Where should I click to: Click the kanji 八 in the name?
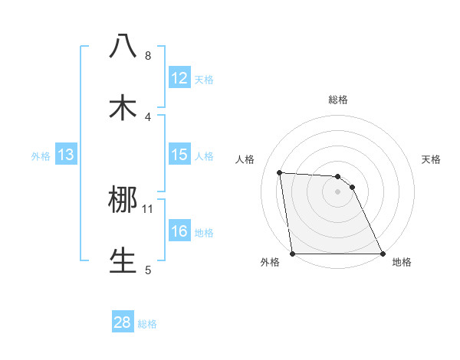[x=123, y=47]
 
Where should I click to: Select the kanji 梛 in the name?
[x=123, y=200]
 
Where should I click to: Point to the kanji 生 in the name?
[x=123, y=260]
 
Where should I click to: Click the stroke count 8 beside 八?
[x=147, y=56]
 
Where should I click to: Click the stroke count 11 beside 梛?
[x=148, y=208]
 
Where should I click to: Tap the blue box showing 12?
[x=179, y=78]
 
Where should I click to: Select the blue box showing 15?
[x=179, y=155]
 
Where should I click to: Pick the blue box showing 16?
[x=179, y=231]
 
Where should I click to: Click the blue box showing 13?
[x=66, y=155]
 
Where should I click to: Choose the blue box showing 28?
[x=123, y=322]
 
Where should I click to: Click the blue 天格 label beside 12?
[x=204, y=79]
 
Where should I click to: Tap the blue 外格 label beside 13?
[x=41, y=155]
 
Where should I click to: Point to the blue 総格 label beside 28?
[x=147, y=323]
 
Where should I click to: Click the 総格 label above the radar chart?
[x=337, y=100]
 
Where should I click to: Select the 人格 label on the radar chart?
[x=245, y=160]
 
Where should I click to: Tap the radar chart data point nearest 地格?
[x=383, y=254]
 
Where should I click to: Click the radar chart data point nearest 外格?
[x=293, y=254]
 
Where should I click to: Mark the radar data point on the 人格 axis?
[x=280, y=172]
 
